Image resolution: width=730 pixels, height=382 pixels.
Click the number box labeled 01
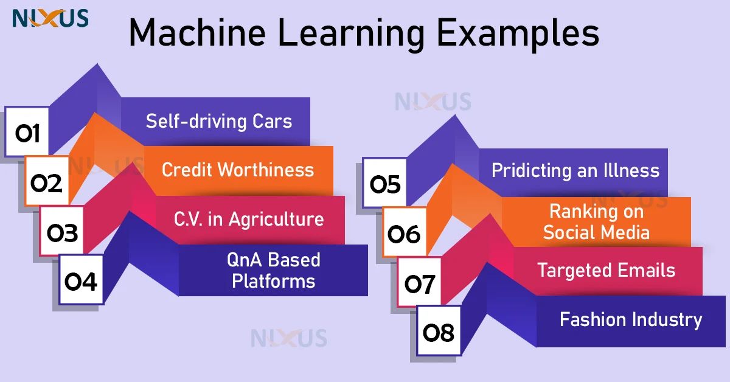click(x=27, y=133)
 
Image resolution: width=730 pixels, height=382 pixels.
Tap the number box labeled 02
click(x=47, y=182)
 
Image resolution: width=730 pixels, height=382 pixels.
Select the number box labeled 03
click(x=63, y=232)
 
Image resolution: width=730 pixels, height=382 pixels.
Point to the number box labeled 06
click(x=404, y=233)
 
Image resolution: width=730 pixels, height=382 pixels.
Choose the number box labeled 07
click(x=420, y=283)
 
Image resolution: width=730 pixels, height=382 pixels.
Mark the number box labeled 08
click(x=438, y=333)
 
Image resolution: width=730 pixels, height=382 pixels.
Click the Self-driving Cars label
click(x=219, y=121)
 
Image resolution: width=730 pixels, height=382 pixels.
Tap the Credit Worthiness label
click(x=238, y=170)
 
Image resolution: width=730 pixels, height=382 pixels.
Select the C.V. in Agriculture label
click(x=249, y=219)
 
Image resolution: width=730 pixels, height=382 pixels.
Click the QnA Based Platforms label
click(x=274, y=271)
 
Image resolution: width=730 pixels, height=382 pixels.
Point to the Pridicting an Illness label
click(x=575, y=170)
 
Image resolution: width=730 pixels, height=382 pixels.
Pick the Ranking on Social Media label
click(x=596, y=221)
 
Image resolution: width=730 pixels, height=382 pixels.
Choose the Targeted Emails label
click(x=607, y=270)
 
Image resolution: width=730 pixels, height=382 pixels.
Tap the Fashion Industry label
click(x=631, y=319)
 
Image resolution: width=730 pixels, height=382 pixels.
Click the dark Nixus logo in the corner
click(x=50, y=18)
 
